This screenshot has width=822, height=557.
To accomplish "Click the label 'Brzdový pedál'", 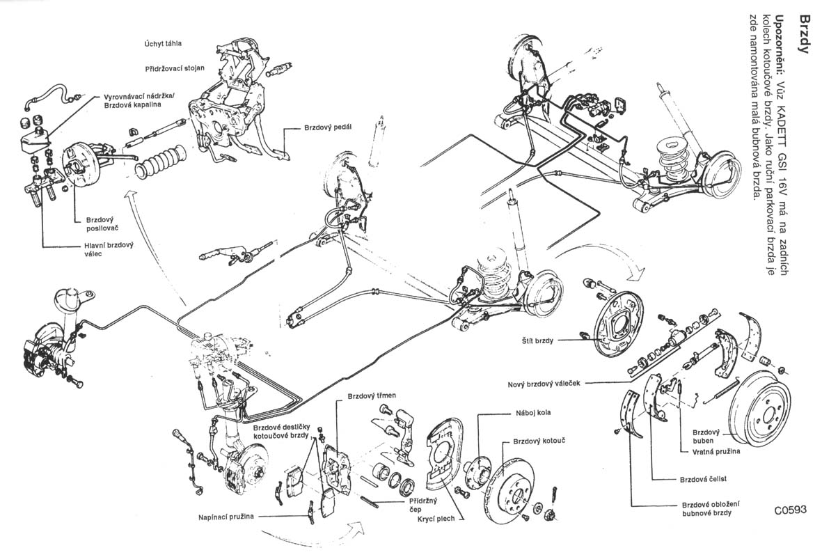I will click(328, 128).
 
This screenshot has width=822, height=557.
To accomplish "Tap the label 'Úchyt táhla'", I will click(164, 43).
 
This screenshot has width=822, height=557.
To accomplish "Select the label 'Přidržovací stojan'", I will click(174, 70).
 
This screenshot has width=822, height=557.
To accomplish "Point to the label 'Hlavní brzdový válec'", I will click(104, 249).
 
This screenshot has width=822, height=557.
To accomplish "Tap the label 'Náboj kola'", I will click(533, 412).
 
